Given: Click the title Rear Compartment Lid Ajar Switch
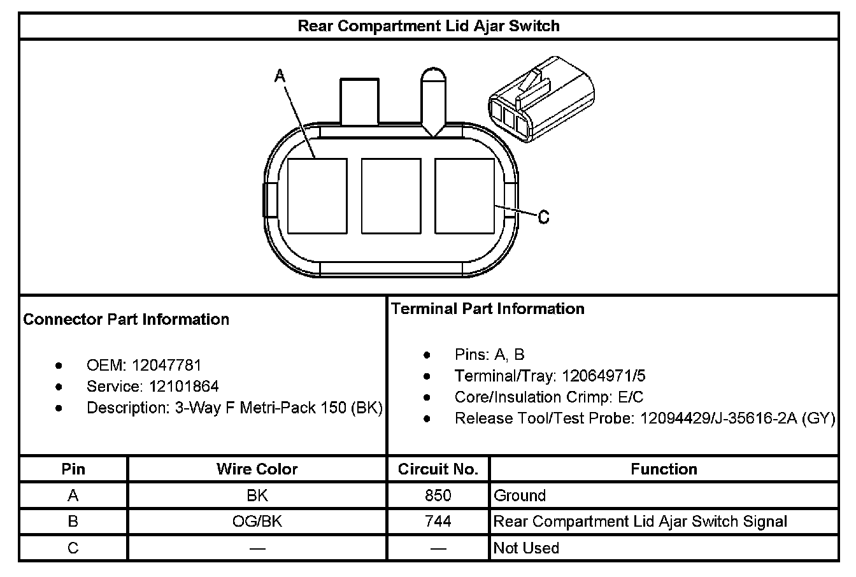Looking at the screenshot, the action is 429,26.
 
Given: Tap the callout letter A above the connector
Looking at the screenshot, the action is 280,76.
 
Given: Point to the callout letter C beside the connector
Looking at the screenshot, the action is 543,217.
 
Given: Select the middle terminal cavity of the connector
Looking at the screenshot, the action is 391,196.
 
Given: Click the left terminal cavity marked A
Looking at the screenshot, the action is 317,196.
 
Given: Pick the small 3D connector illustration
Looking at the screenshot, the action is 541,99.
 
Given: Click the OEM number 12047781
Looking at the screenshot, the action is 166,366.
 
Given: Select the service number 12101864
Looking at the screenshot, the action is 184,387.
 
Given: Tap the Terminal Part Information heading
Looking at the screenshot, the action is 488,309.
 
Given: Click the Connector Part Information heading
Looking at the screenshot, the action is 126,320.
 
